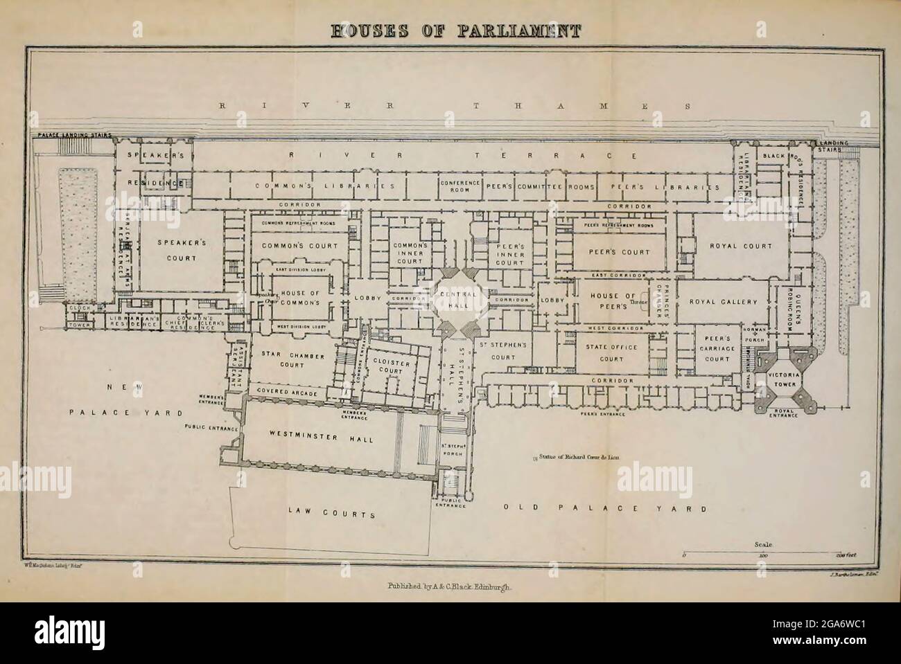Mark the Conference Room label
(460, 186)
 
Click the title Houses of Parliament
(450, 30)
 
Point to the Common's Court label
(300, 246)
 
